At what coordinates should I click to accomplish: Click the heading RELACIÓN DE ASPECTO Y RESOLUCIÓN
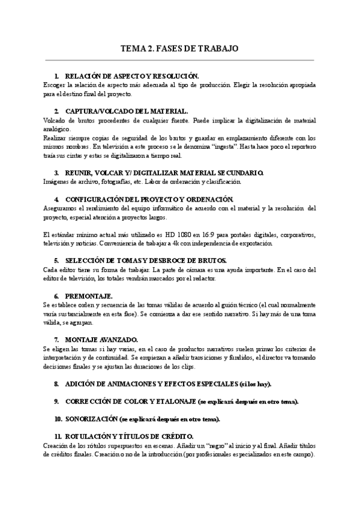pyautogui.click(x=131, y=77)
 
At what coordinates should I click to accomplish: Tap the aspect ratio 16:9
pyautogui.click(x=201, y=235)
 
